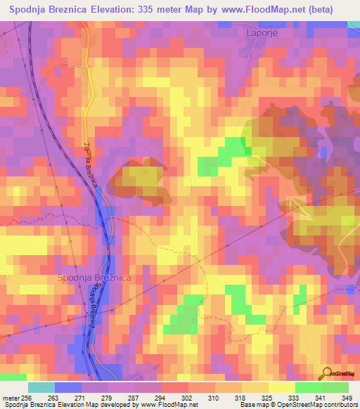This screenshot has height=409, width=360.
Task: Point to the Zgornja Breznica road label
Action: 89,161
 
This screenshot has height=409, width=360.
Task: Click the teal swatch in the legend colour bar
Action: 41,387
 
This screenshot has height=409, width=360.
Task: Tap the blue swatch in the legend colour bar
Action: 67,387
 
